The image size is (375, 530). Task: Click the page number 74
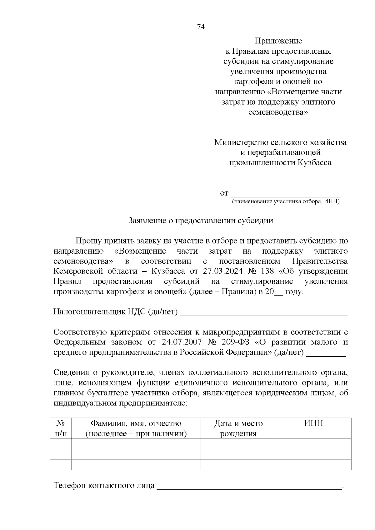coord(201,27)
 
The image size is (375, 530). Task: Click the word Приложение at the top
coord(278,41)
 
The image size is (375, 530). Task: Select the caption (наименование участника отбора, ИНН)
coord(285,202)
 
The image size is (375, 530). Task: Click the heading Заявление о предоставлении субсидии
coord(201,220)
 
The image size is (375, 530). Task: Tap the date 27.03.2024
coord(222,271)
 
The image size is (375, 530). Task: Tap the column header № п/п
coord(61,428)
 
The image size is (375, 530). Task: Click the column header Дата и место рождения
coord(238,428)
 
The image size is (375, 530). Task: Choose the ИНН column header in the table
coord(313,424)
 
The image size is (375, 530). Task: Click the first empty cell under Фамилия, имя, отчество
coord(136,444)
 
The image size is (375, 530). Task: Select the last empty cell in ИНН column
coord(313,464)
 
